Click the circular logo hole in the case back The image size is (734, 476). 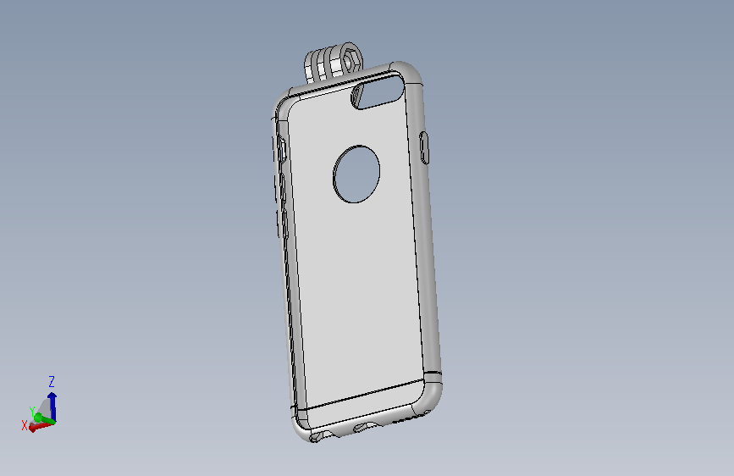(x=356, y=174)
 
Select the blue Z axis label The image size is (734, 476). (x=52, y=381)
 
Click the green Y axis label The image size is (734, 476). (x=32, y=412)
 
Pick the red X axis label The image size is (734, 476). (x=25, y=425)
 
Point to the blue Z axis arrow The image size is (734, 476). (x=52, y=407)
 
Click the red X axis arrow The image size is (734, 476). (x=41, y=426)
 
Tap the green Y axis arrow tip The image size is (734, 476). (x=38, y=418)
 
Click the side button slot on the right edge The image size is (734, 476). (x=424, y=148)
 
